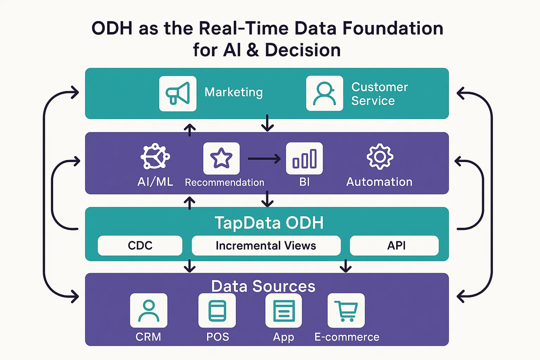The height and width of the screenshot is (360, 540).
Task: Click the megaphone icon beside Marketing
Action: point(178,93)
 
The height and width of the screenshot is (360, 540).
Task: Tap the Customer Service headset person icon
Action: point(324,93)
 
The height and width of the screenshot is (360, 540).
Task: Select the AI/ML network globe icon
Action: point(154,158)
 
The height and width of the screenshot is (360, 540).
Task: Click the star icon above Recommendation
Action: point(221,158)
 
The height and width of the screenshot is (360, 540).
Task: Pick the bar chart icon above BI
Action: point(304,158)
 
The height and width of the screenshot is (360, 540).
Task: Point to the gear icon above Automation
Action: point(380,157)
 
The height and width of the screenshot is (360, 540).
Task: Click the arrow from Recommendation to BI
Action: point(264,159)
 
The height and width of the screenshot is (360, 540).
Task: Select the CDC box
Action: point(140,246)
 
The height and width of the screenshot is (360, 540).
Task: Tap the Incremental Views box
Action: point(266,246)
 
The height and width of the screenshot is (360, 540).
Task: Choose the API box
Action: point(394,246)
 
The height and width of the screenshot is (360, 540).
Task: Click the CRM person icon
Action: point(148,311)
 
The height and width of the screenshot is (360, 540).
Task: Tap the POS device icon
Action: point(217,311)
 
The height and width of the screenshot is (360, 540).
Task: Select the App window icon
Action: point(283,311)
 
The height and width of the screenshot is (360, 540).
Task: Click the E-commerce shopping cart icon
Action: point(346,311)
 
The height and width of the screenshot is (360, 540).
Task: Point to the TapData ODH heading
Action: point(269,223)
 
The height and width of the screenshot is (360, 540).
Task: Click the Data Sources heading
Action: point(263,286)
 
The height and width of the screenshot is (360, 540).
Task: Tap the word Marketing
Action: point(233,92)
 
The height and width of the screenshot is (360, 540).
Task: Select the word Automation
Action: point(379,182)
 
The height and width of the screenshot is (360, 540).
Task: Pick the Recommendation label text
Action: point(224,182)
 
